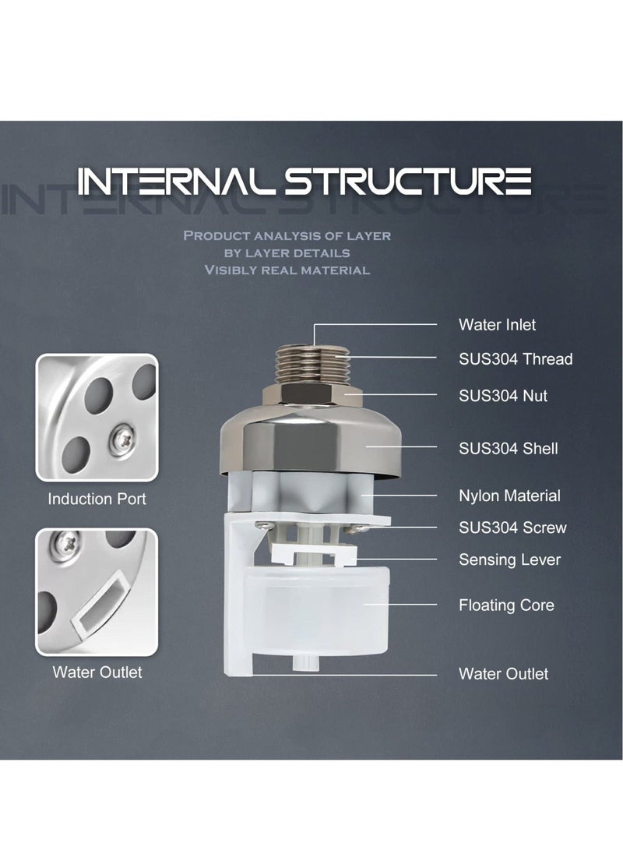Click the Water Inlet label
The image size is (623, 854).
(497, 324)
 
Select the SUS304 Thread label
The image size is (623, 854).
(515, 358)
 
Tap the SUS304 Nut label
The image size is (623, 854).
(502, 396)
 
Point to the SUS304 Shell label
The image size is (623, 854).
(508, 448)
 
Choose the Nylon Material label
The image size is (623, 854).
(509, 496)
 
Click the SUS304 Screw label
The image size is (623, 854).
(512, 528)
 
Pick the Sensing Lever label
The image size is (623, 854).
(509, 559)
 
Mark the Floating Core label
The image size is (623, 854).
(506, 605)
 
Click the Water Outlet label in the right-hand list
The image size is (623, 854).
(503, 674)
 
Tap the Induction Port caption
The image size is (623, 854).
(97, 499)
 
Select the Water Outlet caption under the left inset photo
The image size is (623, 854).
(97, 672)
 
